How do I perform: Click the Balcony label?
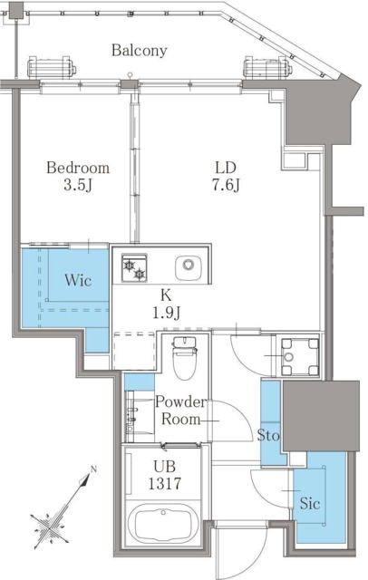140,51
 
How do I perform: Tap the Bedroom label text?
78,168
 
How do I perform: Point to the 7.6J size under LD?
226,185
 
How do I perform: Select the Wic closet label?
78,280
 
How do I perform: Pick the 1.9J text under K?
166,314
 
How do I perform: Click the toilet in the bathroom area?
184,358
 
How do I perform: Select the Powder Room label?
180,411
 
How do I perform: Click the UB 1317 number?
165,483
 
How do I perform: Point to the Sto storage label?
268,435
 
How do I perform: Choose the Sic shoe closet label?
310,503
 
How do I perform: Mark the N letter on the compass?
93,469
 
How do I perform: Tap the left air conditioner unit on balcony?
52,68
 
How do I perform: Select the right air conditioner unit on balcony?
267,68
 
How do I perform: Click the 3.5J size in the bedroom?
78,185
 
